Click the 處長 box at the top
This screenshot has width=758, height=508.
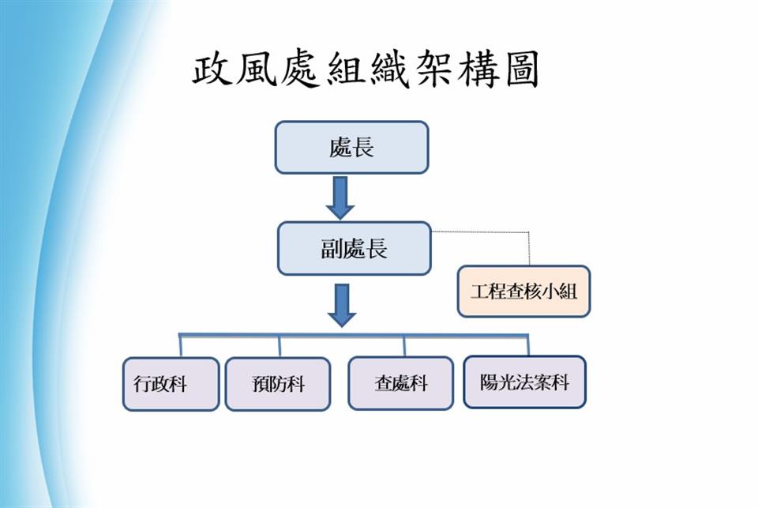pyautogui.click(x=351, y=147)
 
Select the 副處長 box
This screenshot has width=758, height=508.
pyautogui.click(x=355, y=248)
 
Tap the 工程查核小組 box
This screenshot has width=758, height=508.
pyautogui.click(x=523, y=291)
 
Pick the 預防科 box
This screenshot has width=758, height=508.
pyautogui.click(x=277, y=384)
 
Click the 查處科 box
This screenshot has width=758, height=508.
pyautogui.click(x=400, y=383)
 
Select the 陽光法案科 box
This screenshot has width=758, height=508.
pyautogui.click(x=524, y=382)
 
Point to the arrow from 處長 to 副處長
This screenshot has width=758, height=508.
pyautogui.click(x=340, y=197)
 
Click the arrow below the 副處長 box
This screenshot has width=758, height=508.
pyautogui.click(x=341, y=305)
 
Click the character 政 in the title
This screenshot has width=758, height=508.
pyautogui.click(x=215, y=71)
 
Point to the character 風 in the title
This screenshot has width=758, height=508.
pyautogui.click(x=258, y=71)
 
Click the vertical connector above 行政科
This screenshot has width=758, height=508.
pyautogui.click(x=181, y=346)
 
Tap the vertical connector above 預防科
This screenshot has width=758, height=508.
pyautogui.click(x=279, y=346)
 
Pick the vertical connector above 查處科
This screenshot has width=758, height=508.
pyautogui.click(x=404, y=346)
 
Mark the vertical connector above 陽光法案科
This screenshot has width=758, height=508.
pyautogui.click(x=527, y=345)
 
